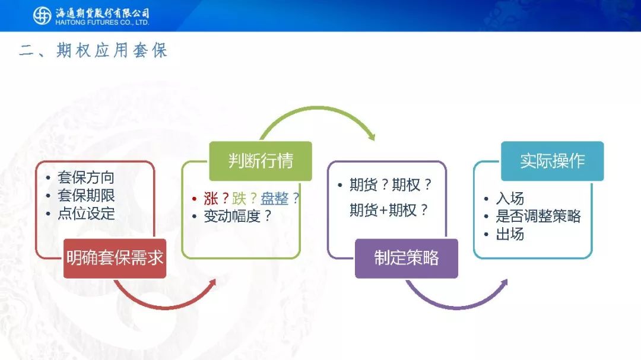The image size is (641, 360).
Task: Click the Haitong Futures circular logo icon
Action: pos(42,16)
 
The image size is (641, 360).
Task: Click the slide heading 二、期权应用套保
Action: pos(93,50)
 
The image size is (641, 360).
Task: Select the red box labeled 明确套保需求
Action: pos(115,258)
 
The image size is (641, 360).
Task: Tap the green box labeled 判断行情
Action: pos(261,161)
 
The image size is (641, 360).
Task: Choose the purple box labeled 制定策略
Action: pos(407,258)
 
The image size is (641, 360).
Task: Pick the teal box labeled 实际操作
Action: pos(553,161)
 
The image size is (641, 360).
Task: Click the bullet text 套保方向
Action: pos(86,177)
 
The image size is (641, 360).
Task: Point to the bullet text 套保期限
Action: pos(86,195)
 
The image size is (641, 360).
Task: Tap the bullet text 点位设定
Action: pos(86,214)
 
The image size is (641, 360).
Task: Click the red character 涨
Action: pos(211,199)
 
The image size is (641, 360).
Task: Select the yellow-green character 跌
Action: pos(239,199)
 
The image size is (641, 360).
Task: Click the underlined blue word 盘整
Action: pos(274,199)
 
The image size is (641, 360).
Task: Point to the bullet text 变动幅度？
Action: pos(237,216)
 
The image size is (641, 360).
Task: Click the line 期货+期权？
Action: pos(389,210)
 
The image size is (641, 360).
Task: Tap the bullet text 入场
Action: pos(510,199)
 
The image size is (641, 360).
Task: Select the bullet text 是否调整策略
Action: pos(538,216)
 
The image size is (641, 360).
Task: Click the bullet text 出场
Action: pos(510,234)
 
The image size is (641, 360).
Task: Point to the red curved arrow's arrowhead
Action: pos(212,283)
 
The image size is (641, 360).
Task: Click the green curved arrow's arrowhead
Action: pos(371,136)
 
